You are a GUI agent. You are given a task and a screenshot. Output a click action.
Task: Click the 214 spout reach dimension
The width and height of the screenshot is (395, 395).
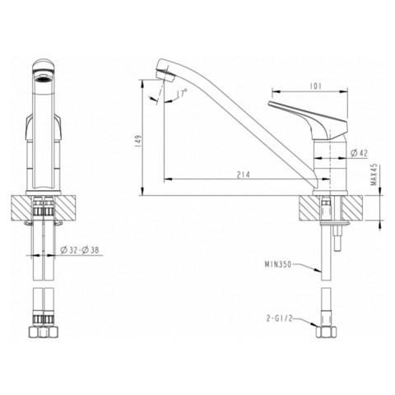[244, 174]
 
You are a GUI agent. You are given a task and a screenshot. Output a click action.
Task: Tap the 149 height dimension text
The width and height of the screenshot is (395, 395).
[138, 142]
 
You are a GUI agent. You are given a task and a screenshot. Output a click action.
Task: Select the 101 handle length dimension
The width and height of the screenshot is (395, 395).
[315, 86]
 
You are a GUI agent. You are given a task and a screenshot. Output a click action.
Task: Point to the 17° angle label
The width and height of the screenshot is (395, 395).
[182, 93]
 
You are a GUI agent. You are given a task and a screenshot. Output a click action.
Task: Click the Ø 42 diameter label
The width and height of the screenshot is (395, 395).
[360, 153]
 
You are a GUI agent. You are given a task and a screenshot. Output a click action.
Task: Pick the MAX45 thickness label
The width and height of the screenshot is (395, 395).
[374, 174]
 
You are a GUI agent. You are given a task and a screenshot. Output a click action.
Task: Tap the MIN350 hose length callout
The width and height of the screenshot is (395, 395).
[278, 264]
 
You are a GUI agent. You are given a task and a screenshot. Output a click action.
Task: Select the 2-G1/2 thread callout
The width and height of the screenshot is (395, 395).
[279, 318]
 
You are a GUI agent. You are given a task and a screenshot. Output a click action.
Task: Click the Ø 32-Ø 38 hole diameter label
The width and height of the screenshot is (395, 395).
[80, 250]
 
